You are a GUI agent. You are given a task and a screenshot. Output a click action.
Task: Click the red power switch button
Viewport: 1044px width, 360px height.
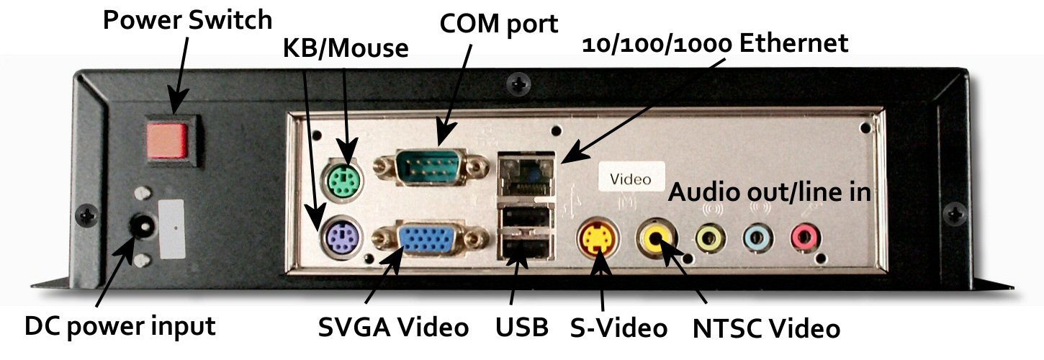click(x=167, y=140)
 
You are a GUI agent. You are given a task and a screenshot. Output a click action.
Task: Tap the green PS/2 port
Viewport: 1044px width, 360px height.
click(x=343, y=180)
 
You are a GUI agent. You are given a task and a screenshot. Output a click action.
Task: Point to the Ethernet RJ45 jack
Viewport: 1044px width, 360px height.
click(x=526, y=176)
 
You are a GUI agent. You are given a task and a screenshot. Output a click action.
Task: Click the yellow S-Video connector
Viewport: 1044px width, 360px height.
click(x=598, y=238)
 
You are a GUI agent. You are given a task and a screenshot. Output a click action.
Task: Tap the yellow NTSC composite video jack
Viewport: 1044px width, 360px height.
click(x=656, y=238)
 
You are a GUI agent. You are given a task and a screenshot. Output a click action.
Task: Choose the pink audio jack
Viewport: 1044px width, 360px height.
click(x=806, y=238)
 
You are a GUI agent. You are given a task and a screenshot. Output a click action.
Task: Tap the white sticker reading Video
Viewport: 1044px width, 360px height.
click(x=631, y=176)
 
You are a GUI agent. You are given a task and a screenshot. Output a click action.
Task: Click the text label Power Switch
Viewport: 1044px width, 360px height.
click(x=187, y=21)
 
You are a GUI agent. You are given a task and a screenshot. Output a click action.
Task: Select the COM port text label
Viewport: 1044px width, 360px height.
click(x=499, y=24)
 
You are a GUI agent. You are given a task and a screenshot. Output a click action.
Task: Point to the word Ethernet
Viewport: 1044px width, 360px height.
click(x=793, y=43)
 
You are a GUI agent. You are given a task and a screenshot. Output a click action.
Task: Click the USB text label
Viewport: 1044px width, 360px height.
click(x=521, y=328)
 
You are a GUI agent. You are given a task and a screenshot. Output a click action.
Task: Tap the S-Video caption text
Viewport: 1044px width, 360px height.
click(x=618, y=328)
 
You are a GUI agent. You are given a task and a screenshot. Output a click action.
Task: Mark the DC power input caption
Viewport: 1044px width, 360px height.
click(x=120, y=326)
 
